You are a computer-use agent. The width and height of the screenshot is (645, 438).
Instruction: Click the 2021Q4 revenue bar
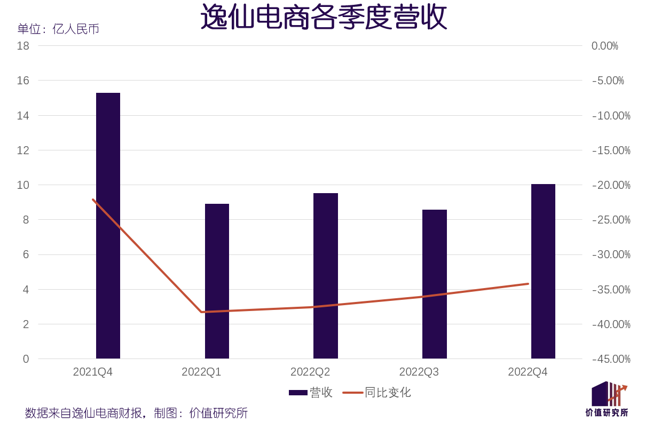(108, 226)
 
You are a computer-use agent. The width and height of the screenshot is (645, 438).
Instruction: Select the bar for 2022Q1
(217, 281)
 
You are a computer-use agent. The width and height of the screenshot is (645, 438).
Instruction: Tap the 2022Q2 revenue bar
(326, 276)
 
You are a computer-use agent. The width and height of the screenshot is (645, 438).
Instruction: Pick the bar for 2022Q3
(435, 284)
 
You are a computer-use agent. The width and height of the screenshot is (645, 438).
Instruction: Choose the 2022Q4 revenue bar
(543, 271)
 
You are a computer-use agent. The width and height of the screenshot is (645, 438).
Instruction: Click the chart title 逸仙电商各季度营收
(324, 18)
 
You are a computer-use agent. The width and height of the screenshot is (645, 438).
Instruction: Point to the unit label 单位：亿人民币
(58, 29)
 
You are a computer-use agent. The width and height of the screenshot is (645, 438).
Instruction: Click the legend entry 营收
(311, 393)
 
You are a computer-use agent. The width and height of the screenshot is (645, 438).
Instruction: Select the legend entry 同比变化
(377, 393)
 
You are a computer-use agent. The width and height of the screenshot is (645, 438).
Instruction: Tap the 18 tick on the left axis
(23, 46)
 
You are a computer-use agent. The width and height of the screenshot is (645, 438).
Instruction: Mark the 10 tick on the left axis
(23, 185)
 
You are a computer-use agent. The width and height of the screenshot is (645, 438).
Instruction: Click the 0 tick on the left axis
(26, 359)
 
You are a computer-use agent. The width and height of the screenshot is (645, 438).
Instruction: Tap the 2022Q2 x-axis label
(310, 372)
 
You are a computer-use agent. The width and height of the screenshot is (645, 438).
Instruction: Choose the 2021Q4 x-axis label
(93, 372)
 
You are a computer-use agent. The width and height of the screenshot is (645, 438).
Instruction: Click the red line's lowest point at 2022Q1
(202, 312)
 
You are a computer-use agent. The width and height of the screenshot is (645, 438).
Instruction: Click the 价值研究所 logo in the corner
(607, 399)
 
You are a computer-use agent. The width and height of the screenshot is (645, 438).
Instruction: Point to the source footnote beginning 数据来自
(136, 413)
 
